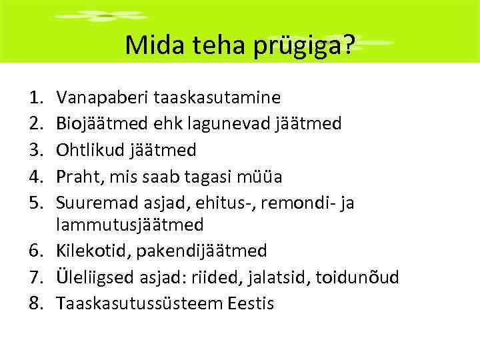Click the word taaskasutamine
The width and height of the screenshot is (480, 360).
[217, 98]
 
